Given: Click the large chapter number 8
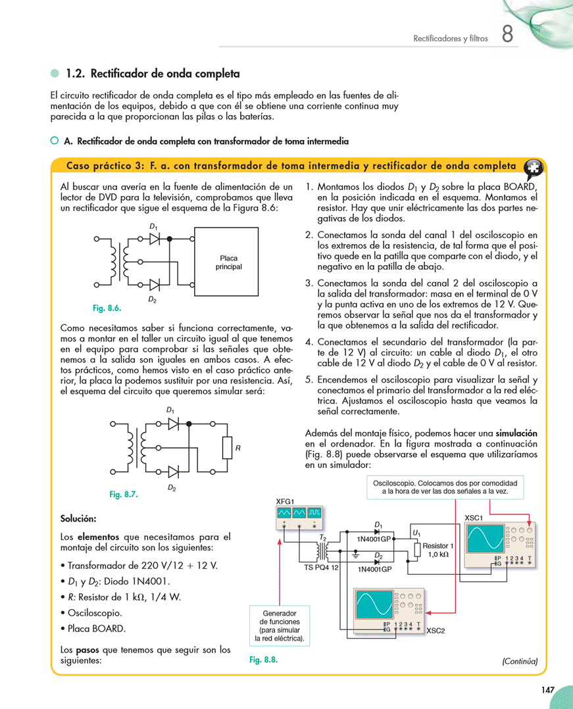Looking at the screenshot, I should click(507, 34).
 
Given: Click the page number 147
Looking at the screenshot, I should click(547, 690).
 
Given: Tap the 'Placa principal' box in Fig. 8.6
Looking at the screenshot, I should click(229, 262).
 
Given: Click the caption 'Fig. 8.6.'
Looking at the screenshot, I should click(107, 308).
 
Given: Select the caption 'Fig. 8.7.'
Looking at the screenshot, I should click(123, 495).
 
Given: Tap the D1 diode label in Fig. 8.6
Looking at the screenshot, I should click(153, 227).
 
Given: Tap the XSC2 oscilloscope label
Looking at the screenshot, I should click(436, 631).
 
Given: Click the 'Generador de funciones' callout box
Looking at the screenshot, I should click(280, 625).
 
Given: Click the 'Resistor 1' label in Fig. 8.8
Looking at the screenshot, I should click(437, 546).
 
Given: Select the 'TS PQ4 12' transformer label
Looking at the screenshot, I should click(321, 566).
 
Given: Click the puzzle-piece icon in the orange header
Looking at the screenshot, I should click(534, 167).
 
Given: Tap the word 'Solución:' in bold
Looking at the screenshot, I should click(78, 518).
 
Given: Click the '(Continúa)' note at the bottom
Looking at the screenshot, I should click(519, 661).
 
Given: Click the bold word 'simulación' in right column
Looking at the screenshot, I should click(516, 434).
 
